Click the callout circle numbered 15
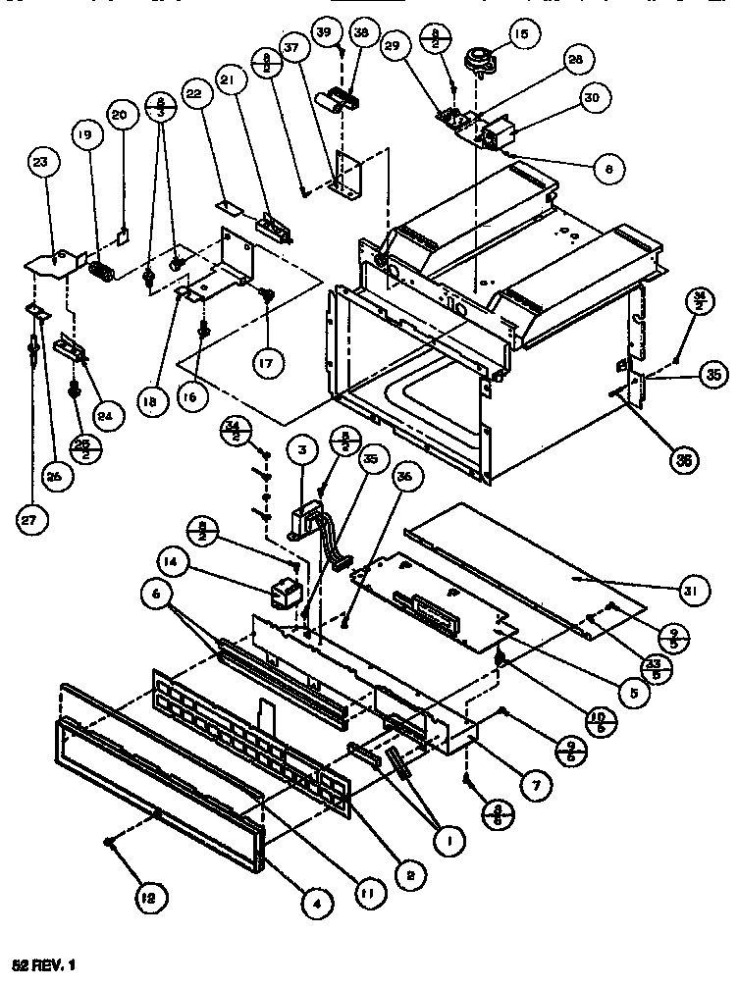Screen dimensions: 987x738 pyautogui.click(x=520, y=35)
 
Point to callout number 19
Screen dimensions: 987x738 pyautogui.click(x=84, y=137)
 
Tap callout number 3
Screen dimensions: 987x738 pyautogui.click(x=302, y=452)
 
